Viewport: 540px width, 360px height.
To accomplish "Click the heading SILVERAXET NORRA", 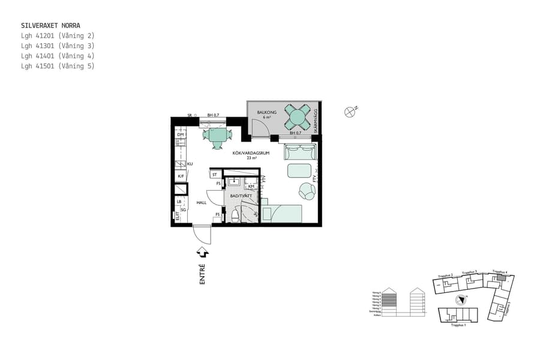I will pyautogui.click(x=50, y=26).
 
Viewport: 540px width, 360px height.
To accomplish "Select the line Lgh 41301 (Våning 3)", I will pyautogui.click(x=57, y=46).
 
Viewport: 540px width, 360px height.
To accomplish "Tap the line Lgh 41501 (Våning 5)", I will pyautogui.click(x=57, y=66).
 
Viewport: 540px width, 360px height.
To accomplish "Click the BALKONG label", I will pyautogui.click(x=266, y=112).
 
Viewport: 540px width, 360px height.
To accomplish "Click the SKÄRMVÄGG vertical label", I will pyautogui.click(x=315, y=120).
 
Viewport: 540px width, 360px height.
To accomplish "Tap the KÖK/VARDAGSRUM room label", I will pyautogui.click(x=251, y=154).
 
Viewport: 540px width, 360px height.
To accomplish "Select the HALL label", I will pyautogui.click(x=201, y=203).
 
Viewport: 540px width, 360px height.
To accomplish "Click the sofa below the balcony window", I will pyautogui.click(x=300, y=152).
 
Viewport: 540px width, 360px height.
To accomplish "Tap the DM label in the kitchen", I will pyautogui.click(x=180, y=134).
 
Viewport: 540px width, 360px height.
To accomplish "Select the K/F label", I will pyautogui.click(x=181, y=176).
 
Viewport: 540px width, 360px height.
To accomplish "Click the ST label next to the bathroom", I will pyautogui.click(x=214, y=175).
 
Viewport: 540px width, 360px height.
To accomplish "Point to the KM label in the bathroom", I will pyautogui.click(x=251, y=187).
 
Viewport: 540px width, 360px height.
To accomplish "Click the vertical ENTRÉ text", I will pyautogui.click(x=202, y=274).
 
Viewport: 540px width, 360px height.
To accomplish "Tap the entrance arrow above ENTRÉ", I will pyautogui.click(x=203, y=253).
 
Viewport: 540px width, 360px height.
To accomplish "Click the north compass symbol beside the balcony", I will pyautogui.click(x=350, y=111).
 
